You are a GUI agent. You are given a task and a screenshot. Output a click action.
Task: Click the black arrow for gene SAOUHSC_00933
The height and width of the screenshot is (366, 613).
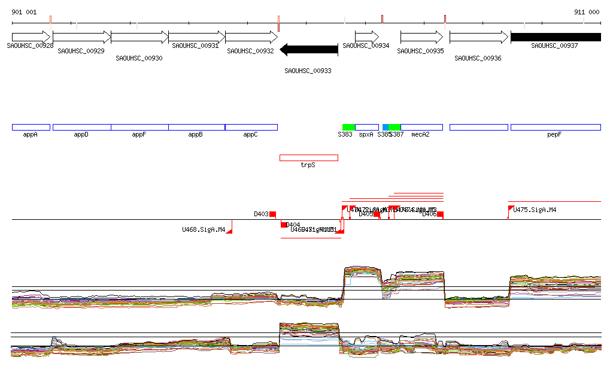[x=309, y=50]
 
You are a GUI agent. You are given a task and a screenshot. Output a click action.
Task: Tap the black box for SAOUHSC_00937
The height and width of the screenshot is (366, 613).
[x=556, y=37]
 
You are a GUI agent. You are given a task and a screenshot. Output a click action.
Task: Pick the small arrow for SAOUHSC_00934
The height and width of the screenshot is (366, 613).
[x=367, y=37]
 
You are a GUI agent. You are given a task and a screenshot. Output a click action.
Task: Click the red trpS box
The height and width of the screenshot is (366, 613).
[x=309, y=158]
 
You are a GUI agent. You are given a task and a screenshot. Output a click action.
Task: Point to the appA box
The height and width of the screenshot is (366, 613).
[x=31, y=127]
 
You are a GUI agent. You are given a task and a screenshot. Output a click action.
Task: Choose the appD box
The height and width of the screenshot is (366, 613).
[x=81, y=127]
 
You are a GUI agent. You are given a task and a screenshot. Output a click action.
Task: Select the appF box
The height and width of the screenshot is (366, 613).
[x=139, y=127]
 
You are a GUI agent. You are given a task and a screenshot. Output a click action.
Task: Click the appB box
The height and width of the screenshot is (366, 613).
[x=196, y=127]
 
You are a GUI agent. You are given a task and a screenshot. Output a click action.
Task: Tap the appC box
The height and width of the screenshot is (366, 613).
[x=251, y=127]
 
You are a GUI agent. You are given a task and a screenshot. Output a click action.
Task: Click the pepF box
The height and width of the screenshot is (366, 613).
[x=556, y=127]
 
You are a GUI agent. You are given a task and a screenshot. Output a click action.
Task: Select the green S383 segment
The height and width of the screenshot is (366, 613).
[x=348, y=127]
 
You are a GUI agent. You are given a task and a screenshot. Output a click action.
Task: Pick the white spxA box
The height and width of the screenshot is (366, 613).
[x=367, y=127]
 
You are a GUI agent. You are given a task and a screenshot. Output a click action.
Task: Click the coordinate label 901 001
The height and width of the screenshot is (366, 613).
[x=24, y=12]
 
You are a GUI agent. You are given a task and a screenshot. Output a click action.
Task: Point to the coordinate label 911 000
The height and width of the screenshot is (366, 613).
[x=587, y=12]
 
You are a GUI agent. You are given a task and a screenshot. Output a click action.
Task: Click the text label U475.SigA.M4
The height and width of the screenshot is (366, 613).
[x=535, y=210]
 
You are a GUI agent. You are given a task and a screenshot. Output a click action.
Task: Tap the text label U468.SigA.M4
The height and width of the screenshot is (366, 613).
[x=204, y=229]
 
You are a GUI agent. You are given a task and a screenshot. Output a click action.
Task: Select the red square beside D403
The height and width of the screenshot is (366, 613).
[x=272, y=214]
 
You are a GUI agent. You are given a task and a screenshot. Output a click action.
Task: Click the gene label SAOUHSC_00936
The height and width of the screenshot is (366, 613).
[x=478, y=58]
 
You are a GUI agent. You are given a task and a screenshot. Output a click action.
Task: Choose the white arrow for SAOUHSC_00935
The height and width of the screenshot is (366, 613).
[x=421, y=37]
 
